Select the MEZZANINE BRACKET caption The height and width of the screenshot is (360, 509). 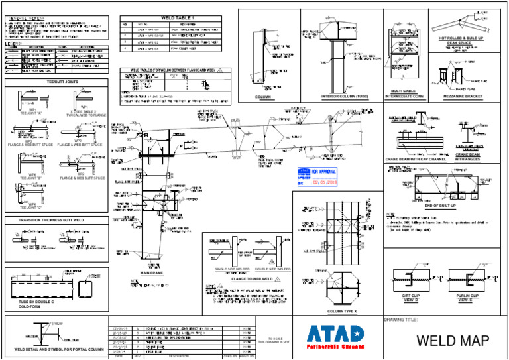pos(464,97)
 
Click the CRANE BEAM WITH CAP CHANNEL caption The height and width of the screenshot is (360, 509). pos(416,160)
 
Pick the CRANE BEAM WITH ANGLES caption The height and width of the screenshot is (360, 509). pos(472,157)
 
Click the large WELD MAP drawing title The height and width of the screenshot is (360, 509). pos(453,341)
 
